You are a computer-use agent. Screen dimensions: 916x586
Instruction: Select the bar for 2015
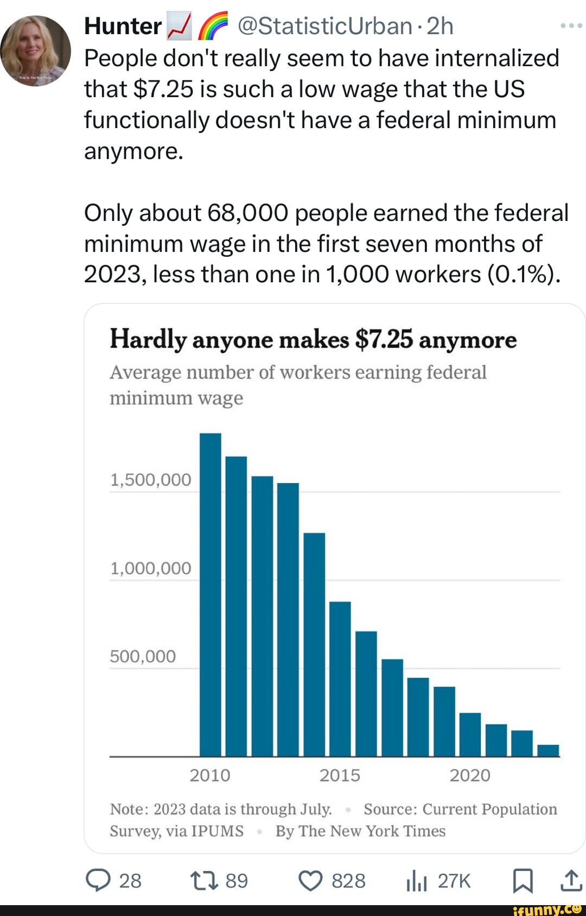coord(340,678)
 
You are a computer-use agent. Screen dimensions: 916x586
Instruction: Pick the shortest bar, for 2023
coord(548,750)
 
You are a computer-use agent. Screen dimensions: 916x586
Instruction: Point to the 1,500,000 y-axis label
coord(150,480)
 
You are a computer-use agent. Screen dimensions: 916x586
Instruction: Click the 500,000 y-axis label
coord(143,657)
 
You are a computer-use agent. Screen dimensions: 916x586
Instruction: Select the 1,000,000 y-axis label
coord(150,568)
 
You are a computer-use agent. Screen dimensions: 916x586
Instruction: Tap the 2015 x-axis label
coord(340,775)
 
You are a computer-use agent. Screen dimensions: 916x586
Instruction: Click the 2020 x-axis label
coord(470,775)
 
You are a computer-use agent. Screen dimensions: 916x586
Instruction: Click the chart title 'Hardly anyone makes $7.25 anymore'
coord(313,340)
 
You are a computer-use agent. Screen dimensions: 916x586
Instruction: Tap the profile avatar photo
coord(36,50)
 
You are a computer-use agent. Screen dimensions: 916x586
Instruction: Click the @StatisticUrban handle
coord(324,26)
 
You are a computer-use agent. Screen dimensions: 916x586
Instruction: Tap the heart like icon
coord(311,881)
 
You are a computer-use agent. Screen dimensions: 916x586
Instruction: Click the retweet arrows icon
coord(204,881)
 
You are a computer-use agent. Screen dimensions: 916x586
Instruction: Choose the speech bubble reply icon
coord(98,881)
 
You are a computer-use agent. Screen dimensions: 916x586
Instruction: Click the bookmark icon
coord(523,881)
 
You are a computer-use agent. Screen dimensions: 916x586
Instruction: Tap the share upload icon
coord(571,881)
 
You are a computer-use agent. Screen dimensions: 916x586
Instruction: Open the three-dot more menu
coord(571,26)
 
